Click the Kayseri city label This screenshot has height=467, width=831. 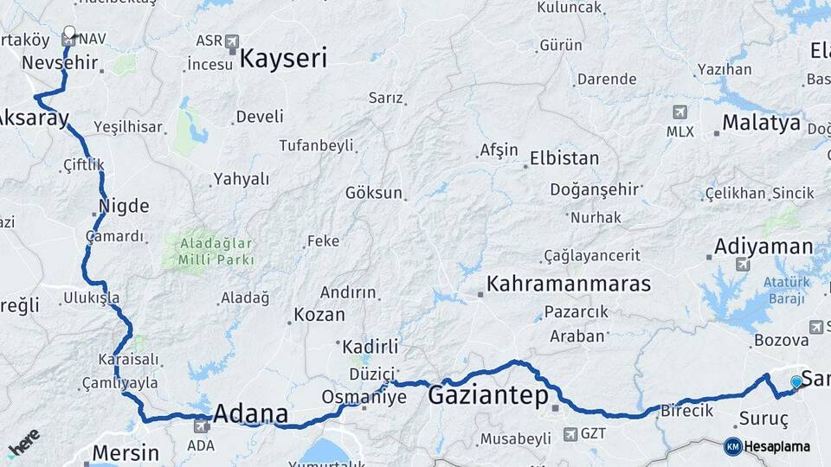point(284,59)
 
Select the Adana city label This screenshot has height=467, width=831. point(250,412)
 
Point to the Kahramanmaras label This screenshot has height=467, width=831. point(569,284)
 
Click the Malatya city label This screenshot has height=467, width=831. point(761,123)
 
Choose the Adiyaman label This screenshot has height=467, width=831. point(763,247)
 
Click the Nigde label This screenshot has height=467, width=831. point(124,207)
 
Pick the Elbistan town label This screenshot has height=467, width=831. point(564,158)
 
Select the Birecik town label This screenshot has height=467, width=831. point(687,410)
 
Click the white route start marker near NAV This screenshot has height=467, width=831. point(69,35)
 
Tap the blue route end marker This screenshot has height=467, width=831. point(796,382)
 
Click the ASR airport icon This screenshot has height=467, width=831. point(231,41)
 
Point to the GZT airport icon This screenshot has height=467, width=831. point(570,433)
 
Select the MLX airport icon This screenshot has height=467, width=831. point(680,112)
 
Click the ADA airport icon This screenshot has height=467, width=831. point(202,425)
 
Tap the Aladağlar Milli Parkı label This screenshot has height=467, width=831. point(216,251)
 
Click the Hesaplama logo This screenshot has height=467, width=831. point(767,446)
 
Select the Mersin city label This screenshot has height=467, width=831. point(126,452)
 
